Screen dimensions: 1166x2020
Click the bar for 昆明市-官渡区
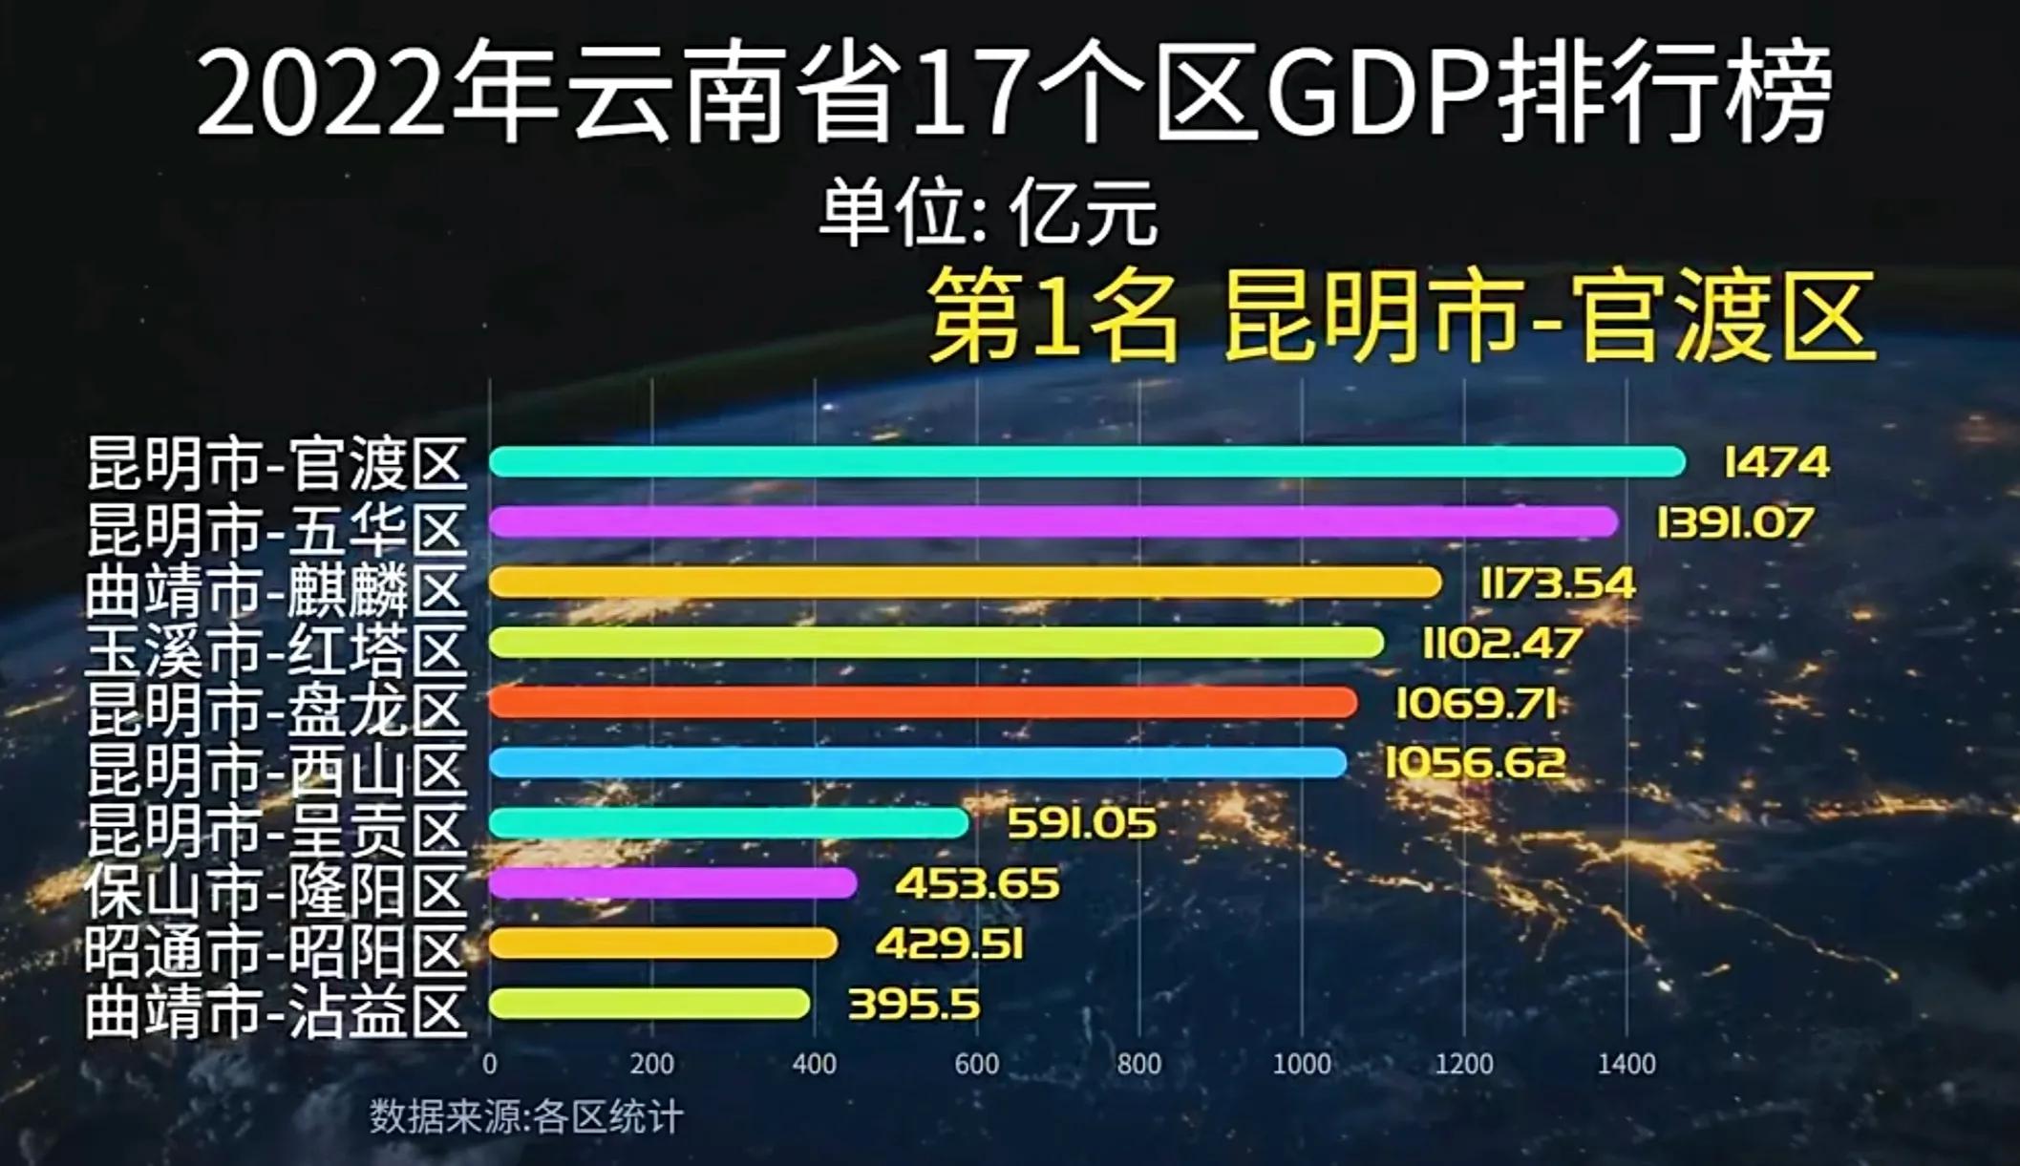coord(1087,462)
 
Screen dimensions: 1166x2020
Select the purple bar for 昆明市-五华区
coord(1053,522)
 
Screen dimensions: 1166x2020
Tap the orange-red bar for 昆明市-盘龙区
coord(923,703)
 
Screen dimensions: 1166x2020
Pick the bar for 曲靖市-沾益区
coord(649,1004)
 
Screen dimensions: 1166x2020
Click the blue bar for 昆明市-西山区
coord(918,763)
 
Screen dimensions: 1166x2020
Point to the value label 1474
coord(1776,463)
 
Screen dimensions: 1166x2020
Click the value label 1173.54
coord(1557,583)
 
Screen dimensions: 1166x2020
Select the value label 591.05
coord(1081,823)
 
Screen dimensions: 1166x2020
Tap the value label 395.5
coord(914,1005)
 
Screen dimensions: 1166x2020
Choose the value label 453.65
coord(977,883)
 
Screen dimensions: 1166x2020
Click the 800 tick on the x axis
coord(1138,1064)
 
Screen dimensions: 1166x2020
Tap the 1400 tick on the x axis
coord(1627,1064)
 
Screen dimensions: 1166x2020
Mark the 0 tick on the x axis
coord(490,1064)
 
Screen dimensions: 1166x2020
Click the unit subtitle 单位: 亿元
coord(988,214)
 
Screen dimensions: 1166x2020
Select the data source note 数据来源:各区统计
coord(526,1116)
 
